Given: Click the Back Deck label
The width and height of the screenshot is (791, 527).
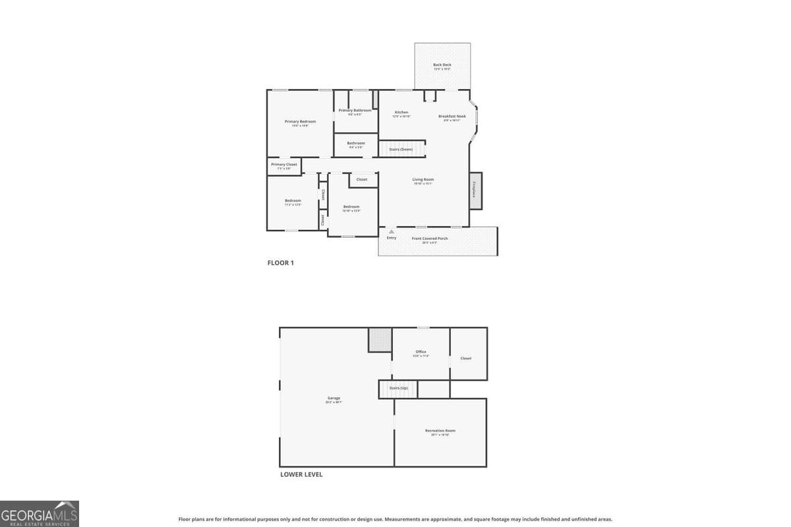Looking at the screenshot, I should coord(442,65).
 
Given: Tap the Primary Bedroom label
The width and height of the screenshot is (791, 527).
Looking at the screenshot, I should coord(300,122).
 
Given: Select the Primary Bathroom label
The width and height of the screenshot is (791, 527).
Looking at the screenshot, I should coord(355,111).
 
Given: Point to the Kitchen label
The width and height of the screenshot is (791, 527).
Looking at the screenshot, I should coord(401,113).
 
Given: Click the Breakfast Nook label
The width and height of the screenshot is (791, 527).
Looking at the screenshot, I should coord(452,117).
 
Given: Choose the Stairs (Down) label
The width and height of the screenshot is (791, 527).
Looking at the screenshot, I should coord(401,150).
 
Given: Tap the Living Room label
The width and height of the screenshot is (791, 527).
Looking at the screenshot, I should coord(423,180).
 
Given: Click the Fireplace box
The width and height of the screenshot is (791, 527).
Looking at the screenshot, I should coord(475,191).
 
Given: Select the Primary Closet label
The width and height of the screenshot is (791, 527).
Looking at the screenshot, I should coord(284,165).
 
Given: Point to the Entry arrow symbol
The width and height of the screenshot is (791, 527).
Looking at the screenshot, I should coord(392,231).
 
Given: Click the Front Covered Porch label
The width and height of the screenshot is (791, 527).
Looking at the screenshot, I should coord(430,238).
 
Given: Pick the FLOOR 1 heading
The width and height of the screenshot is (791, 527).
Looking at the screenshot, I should coord(280,263).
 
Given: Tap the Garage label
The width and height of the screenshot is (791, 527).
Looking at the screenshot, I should coord(334,399).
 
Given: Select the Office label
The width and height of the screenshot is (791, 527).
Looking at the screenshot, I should coord(421,352).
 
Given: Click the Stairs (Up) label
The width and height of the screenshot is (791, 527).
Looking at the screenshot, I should coord(398,389).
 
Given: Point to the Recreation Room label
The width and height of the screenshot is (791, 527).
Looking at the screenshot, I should coord(440,431).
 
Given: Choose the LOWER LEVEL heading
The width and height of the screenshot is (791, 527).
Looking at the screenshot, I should coord(301,474).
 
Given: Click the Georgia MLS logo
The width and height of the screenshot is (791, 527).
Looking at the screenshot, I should coord(40,513).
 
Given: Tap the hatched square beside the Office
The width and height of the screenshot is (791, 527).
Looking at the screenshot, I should coord(380,340).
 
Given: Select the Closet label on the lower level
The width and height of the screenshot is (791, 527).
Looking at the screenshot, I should coord(466,358).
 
